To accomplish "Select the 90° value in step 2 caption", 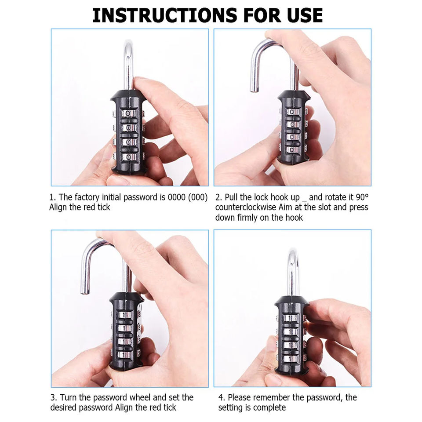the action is (362, 197).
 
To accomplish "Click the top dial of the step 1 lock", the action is (129, 113).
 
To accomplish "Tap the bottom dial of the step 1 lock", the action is (129, 156).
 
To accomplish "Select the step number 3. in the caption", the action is (53, 397).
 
